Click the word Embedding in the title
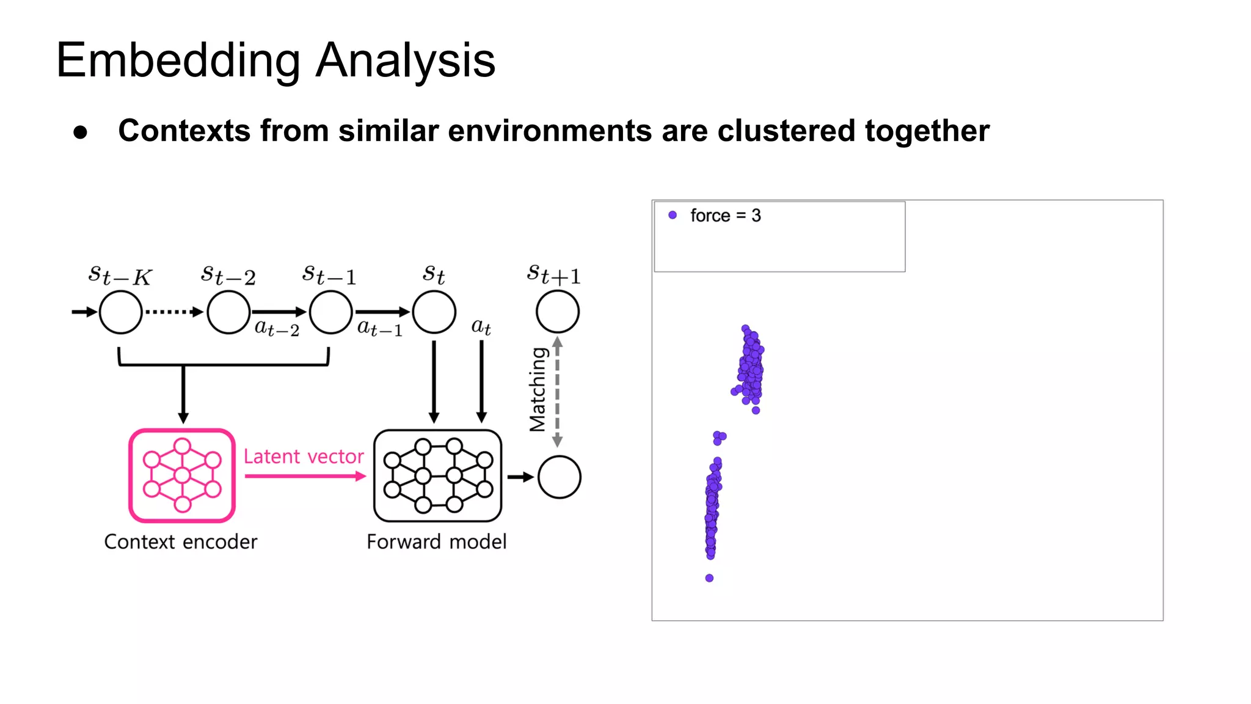coord(178,61)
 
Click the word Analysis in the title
coord(405,61)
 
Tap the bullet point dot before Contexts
coord(80,133)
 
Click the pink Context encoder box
coord(182,475)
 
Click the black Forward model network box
coord(437,475)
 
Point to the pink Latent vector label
coord(304,457)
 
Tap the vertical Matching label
coord(538,389)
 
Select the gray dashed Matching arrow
coord(557,391)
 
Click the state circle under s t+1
coord(557,312)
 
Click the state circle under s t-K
coord(120,312)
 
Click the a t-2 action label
coord(277,329)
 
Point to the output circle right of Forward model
coord(559,477)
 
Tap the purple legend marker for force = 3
coord(673,215)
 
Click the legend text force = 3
coord(725,216)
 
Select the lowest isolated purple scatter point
coord(709,578)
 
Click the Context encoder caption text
coord(181,541)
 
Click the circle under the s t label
coord(434,312)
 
